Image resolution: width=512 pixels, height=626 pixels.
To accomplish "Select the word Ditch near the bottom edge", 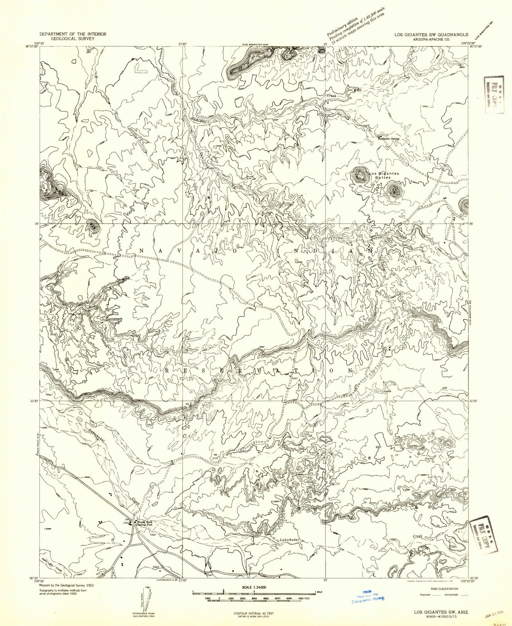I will coord(157,568).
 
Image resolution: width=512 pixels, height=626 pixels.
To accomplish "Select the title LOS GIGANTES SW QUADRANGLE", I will coord(432,35).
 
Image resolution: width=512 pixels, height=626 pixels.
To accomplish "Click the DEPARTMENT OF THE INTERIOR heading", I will coord(73,34).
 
